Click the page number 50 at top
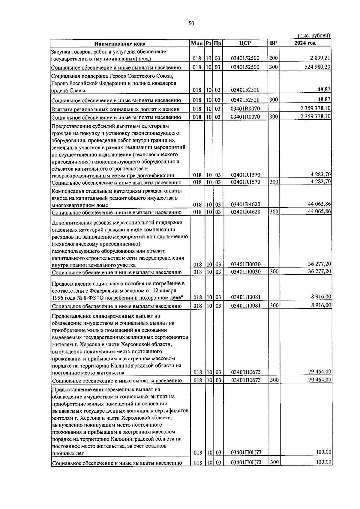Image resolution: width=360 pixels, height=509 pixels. click(x=191, y=23)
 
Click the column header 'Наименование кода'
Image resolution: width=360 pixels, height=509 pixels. click(x=120, y=43)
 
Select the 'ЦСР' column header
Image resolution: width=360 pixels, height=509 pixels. click(x=245, y=43)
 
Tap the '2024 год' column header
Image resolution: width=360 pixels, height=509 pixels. click(x=304, y=43)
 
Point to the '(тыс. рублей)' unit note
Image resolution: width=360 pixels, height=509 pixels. click(x=314, y=35)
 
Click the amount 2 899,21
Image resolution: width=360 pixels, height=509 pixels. click(x=321, y=58)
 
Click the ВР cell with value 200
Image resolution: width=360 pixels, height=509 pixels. click(x=273, y=58)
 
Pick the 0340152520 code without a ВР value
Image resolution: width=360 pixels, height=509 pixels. click(x=245, y=90)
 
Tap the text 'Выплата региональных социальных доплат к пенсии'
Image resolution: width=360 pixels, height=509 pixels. click(x=115, y=109)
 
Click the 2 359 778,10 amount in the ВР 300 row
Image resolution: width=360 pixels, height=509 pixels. click(x=316, y=116)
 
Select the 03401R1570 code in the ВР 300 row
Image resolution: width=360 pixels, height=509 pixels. click(x=245, y=182)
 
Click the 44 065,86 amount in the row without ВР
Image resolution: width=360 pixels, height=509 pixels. click(x=319, y=204)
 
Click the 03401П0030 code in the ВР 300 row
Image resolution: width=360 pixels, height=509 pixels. click(x=245, y=272)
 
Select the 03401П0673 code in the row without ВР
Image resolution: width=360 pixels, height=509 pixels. click(x=245, y=372)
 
